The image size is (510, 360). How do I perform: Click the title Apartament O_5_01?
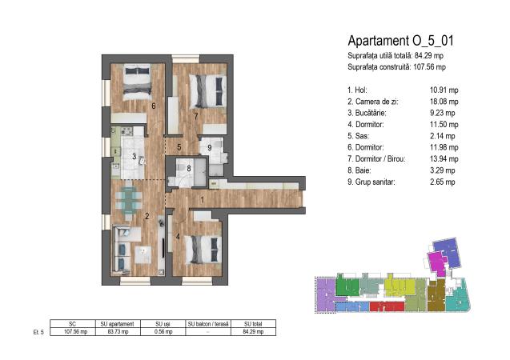[x=400, y=41]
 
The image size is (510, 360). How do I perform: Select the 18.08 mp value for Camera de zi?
[x=444, y=102]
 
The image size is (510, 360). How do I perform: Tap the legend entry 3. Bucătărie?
[x=367, y=113]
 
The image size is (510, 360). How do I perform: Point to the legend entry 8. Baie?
[x=359, y=170]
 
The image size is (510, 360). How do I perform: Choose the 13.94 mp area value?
[x=444, y=159]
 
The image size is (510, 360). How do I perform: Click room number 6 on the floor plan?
[x=153, y=106]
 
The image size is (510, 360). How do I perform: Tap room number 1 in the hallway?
[x=202, y=200]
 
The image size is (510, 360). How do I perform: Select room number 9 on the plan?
[x=210, y=148]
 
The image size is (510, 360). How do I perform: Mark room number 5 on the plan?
[x=179, y=147]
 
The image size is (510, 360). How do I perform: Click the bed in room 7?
[x=207, y=91]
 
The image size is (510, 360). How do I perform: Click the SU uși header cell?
[x=163, y=324]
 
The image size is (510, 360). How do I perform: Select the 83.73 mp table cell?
[x=118, y=332]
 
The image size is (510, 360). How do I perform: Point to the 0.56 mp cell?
[x=163, y=332]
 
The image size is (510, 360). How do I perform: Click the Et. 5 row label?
[x=38, y=332]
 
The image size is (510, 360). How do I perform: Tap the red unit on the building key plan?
[x=387, y=306]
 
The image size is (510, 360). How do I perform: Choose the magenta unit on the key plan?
[x=436, y=263]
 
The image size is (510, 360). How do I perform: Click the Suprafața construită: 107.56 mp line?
[x=396, y=67]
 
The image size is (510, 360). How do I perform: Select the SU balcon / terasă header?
[x=208, y=324]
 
